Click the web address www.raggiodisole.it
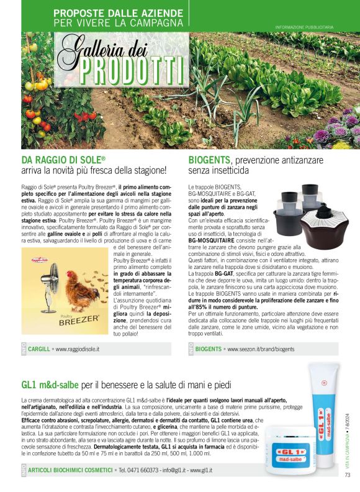point(78,350)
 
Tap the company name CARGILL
point(40,350)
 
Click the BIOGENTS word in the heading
point(210,160)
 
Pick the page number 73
point(348,476)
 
